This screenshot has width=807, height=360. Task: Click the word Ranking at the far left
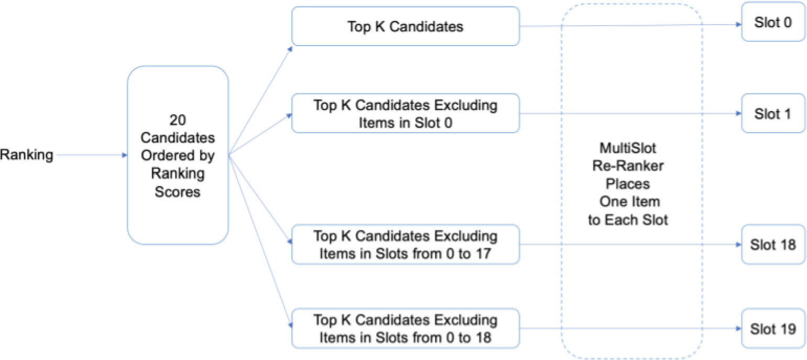[27, 155]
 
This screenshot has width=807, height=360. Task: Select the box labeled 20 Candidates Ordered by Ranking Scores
[178, 155]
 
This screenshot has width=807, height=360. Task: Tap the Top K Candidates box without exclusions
[406, 26]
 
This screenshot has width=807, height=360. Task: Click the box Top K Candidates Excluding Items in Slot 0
[406, 113]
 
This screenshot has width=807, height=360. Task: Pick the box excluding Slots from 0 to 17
[406, 244]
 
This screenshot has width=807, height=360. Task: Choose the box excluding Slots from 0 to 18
[406, 328]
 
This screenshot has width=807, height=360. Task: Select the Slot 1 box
[773, 114]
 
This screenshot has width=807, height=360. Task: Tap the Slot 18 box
[773, 245]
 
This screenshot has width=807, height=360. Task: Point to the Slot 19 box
[773, 329]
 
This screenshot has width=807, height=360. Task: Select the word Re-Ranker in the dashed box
[628, 167]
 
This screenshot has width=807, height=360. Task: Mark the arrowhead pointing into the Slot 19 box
[738, 329]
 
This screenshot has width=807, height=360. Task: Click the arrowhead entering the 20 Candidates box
[124, 155]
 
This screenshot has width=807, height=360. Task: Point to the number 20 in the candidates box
[178, 121]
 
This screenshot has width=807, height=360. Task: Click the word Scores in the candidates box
[178, 192]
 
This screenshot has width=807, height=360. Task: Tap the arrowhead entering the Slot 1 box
[738, 114]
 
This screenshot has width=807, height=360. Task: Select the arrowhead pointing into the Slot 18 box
[738, 245]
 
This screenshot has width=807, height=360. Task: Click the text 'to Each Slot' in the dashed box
[628, 220]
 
